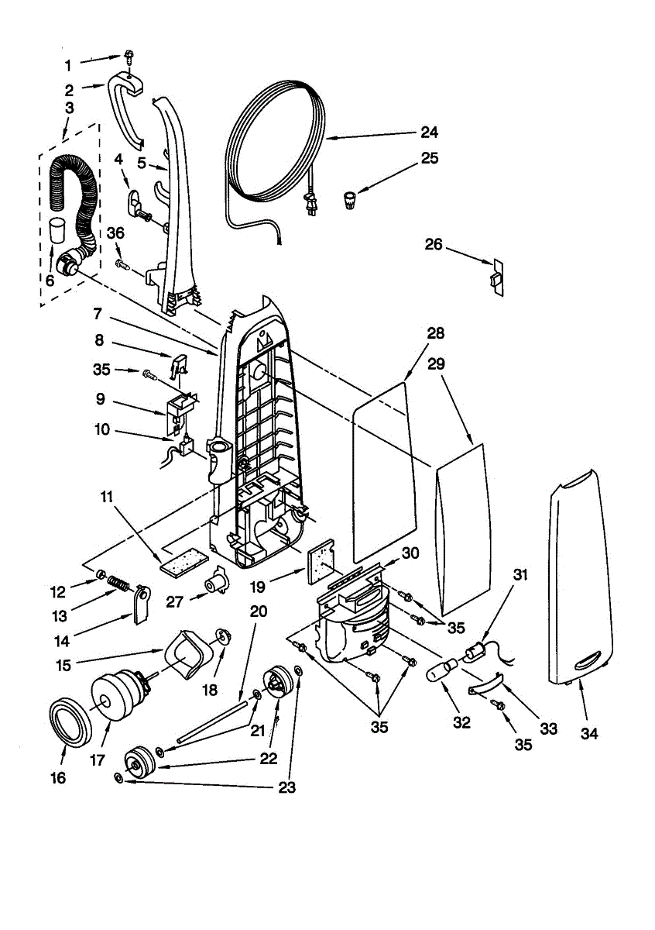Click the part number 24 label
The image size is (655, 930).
[x=430, y=132]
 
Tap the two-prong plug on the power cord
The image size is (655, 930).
[x=312, y=205]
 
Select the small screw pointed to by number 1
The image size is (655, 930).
[x=129, y=57]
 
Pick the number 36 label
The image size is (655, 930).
[x=115, y=233]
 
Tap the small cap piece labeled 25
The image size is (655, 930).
[x=351, y=200]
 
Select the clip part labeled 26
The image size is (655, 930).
[x=497, y=277]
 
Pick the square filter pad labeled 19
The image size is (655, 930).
[x=321, y=562]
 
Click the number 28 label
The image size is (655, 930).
[x=435, y=333]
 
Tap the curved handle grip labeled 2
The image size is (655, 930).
[x=126, y=112]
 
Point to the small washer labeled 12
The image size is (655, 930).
[x=100, y=574]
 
